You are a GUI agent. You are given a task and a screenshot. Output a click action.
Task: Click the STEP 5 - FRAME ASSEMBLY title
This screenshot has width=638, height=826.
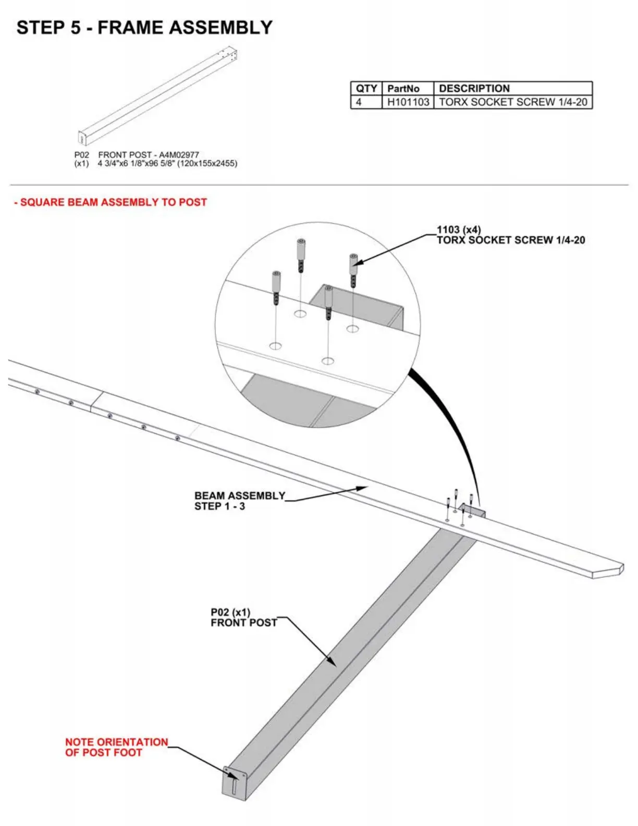(x=144, y=28)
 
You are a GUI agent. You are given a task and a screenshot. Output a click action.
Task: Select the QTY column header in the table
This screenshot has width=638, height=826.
(x=366, y=88)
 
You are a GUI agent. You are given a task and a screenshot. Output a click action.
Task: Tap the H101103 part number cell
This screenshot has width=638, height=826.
(x=408, y=102)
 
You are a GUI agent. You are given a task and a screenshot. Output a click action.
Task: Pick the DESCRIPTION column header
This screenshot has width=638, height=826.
(x=474, y=88)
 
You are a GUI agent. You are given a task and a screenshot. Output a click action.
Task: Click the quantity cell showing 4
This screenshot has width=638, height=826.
(x=359, y=102)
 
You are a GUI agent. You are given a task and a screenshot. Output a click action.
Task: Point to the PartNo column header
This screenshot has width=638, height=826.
(x=403, y=88)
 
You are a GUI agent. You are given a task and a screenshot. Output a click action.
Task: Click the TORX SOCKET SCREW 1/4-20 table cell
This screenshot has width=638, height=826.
(x=512, y=102)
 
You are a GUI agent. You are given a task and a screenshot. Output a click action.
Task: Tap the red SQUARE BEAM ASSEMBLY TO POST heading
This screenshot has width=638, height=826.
(x=111, y=202)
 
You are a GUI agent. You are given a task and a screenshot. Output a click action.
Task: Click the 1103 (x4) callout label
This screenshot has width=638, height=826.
(x=459, y=230)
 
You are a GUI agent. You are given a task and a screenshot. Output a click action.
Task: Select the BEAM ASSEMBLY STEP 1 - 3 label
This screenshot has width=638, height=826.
(x=239, y=501)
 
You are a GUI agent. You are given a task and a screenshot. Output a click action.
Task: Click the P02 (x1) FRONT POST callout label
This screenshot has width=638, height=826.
(x=243, y=617)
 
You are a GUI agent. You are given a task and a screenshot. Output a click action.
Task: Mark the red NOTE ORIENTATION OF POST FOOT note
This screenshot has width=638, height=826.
(x=116, y=747)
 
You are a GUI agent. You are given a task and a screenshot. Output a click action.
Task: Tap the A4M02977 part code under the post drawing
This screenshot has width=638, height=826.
(x=179, y=155)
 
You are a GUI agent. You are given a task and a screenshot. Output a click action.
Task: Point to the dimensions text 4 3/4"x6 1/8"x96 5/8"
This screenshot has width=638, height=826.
(x=167, y=164)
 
